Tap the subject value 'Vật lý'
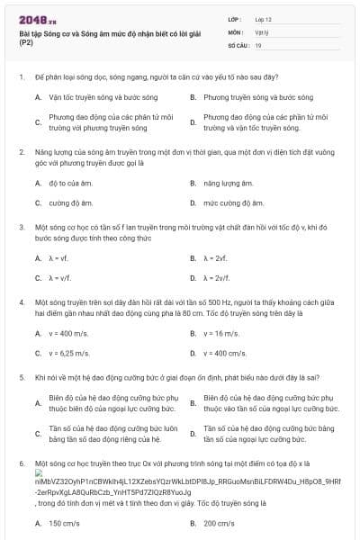click(260, 31)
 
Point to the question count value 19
click(258, 43)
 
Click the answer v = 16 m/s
click(221, 333)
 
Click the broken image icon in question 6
click(40, 472)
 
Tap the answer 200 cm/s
click(220, 523)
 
